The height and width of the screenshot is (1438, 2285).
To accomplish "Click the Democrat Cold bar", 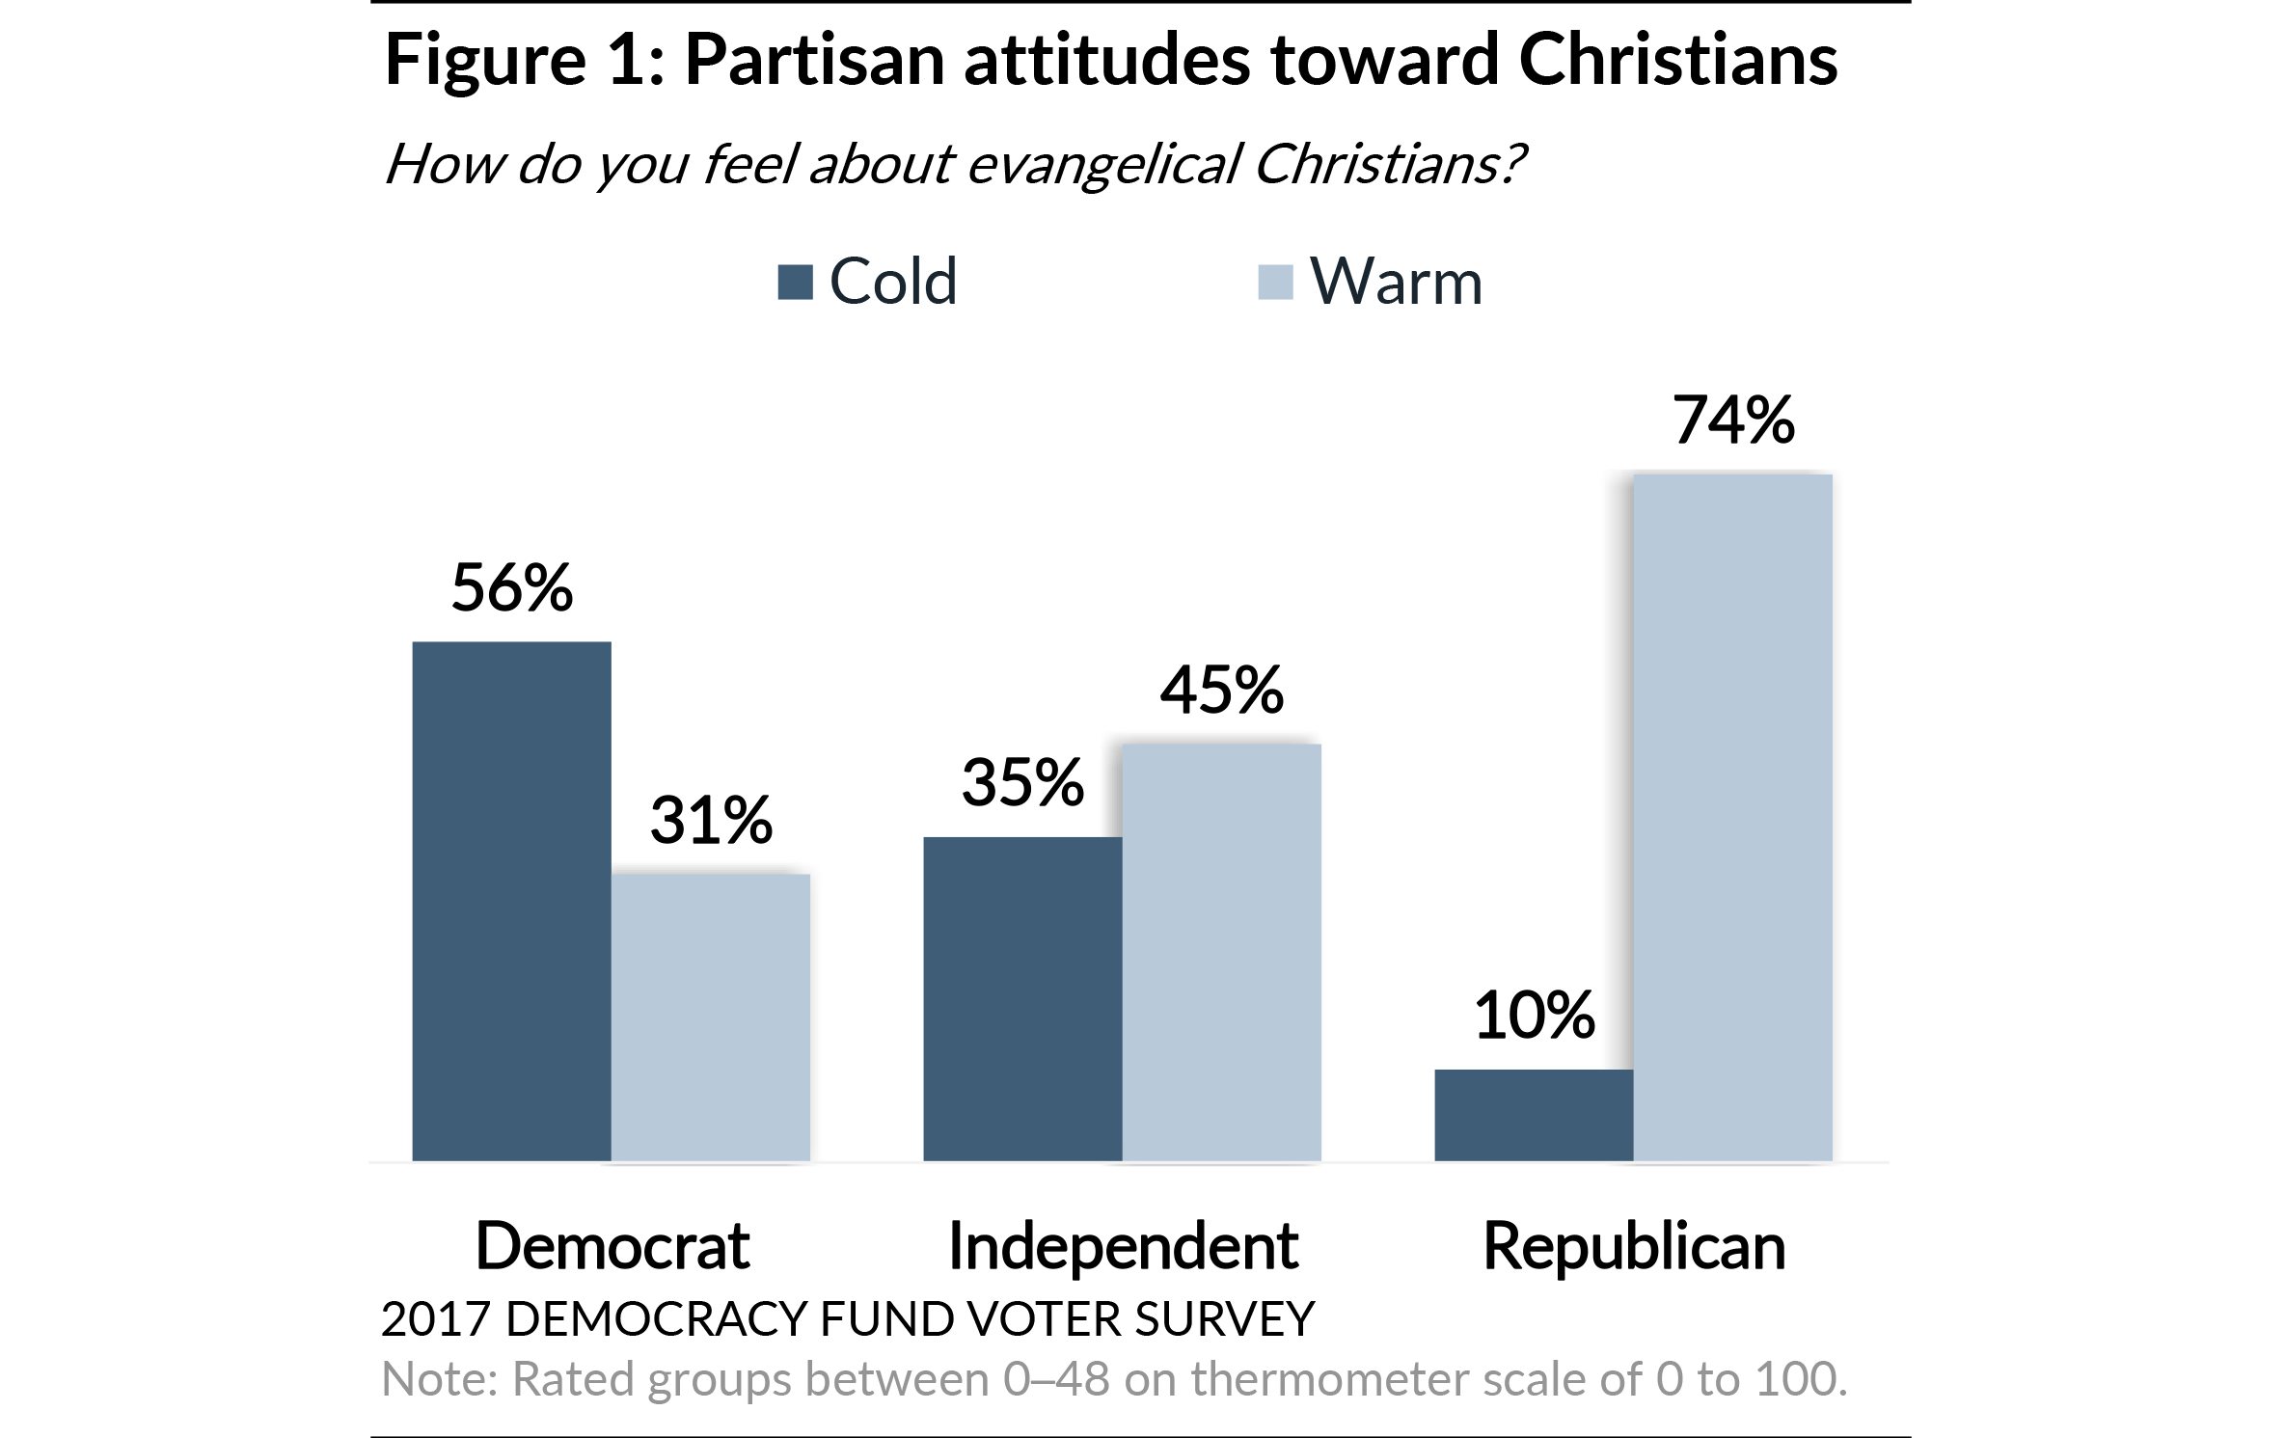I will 511,901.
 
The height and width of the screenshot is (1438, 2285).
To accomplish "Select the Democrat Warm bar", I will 711,1017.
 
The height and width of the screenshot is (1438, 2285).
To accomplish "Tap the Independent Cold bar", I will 1022,998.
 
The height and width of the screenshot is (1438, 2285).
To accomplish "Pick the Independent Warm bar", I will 1222,952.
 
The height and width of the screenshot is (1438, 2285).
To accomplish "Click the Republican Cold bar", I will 1534,1114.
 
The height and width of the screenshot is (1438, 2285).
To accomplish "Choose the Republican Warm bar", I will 1733,817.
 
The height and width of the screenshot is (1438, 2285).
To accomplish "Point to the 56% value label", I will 512,587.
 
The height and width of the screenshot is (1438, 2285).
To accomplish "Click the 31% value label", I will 711,820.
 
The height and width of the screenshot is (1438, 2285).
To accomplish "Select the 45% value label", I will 1222,690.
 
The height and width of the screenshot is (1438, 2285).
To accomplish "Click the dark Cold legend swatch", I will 795,283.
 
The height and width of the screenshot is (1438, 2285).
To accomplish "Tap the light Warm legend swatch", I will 1275,283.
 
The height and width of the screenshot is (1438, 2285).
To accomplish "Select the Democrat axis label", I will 612,1245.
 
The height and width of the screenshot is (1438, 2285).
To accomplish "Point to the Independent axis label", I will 1123,1245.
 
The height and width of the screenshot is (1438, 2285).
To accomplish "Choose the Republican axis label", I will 1634,1245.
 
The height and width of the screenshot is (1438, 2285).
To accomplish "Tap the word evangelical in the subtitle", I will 1102,164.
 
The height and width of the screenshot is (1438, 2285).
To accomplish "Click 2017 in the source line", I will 435,1318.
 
